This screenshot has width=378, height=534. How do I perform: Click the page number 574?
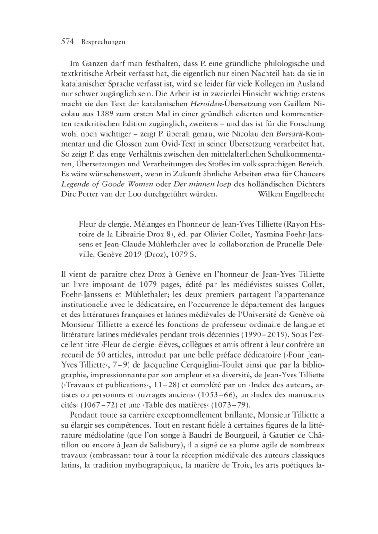point(69,42)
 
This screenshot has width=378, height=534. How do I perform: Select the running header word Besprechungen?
point(103,42)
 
